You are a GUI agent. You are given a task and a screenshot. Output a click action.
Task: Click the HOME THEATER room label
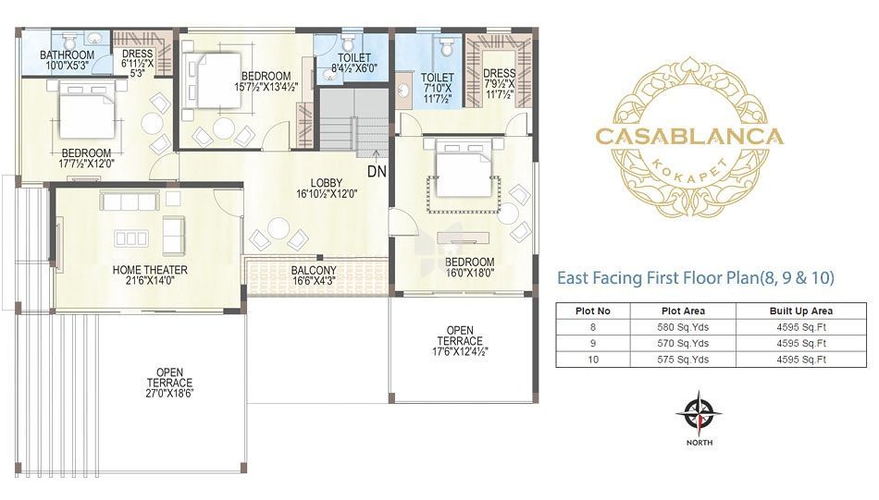150,270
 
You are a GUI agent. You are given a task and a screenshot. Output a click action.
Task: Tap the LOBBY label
327,183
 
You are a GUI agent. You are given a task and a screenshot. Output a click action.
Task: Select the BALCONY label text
314,271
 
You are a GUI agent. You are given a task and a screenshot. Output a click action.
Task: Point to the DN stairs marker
377,171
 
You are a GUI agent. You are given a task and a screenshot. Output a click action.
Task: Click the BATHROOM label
67,55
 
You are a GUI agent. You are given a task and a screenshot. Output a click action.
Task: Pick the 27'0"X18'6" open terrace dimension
170,393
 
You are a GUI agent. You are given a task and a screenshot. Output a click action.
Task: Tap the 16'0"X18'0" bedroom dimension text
470,273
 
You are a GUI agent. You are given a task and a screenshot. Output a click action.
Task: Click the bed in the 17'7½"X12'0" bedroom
86,110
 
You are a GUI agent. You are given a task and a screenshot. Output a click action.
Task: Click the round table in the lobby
279,228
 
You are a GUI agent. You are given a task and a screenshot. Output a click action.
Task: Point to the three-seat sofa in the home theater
130,201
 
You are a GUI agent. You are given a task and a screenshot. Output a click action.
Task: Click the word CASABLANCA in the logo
689,137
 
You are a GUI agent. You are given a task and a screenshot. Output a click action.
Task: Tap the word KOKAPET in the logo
690,170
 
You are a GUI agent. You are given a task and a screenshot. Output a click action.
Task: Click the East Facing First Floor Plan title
695,277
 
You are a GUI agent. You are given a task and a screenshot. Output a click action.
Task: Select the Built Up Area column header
801,311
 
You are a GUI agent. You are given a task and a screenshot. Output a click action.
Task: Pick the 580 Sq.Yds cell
683,327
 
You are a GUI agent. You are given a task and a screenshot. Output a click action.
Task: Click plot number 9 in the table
593,343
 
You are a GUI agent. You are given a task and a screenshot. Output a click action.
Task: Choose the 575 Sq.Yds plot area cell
683,360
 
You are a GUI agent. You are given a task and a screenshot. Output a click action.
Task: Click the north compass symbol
699,414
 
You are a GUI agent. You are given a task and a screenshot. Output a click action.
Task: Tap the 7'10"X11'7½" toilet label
438,88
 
